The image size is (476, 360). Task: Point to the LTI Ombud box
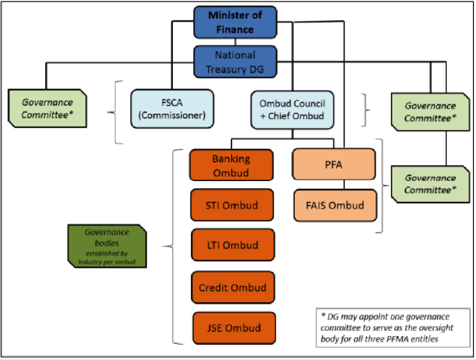coord(231,245)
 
